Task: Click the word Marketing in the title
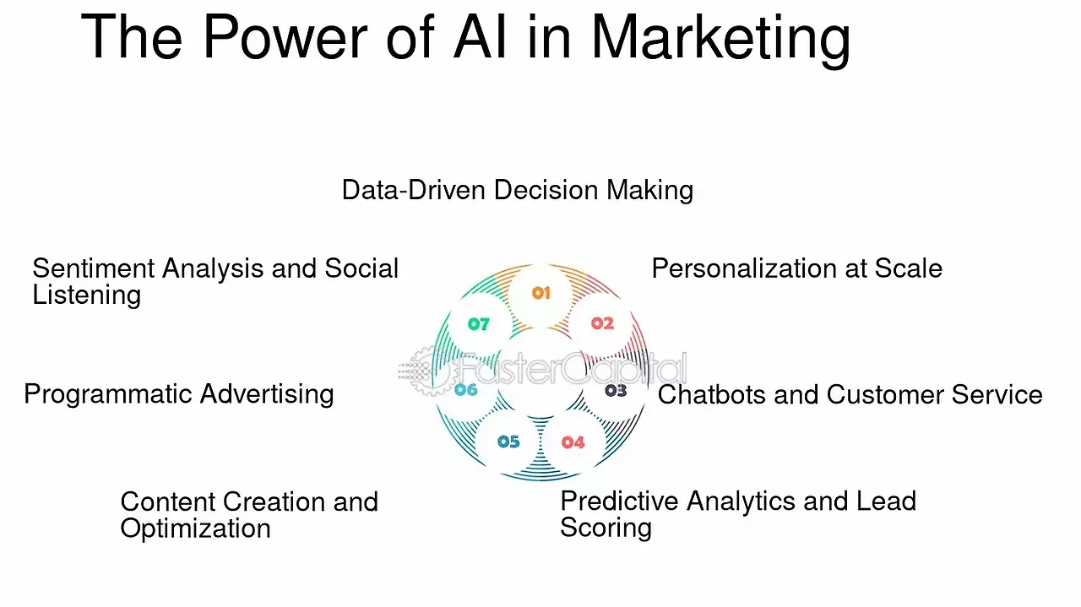[721, 39]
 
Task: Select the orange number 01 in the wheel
[541, 293]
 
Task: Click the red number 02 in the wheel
[603, 322]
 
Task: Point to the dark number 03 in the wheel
[616, 390]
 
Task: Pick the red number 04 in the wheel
[573, 442]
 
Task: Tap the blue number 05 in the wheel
[508, 442]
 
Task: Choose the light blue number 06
[466, 389]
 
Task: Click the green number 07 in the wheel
[479, 324]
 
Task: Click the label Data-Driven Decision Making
[518, 190]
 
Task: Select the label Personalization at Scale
[797, 268]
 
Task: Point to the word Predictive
[619, 501]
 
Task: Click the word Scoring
[606, 528]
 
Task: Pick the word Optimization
[195, 528]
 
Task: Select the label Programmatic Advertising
[179, 394]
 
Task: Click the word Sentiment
[93, 268]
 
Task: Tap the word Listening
[87, 295]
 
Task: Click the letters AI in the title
[481, 38]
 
